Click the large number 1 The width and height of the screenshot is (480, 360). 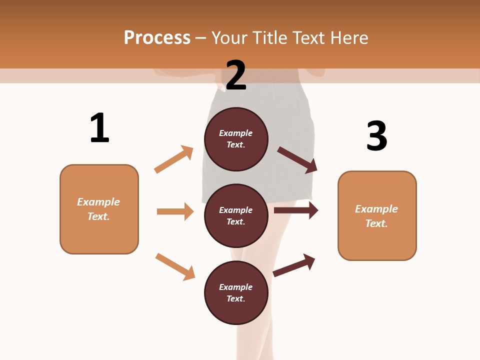(x=99, y=128)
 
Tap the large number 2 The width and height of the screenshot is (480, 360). (x=236, y=75)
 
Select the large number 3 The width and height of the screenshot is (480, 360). (x=376, y=136)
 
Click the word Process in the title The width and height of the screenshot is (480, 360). (x=157, y=37)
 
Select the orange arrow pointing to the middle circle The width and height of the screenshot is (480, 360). (x=175, y=211)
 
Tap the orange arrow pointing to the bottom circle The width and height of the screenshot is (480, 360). (x=175, y=266)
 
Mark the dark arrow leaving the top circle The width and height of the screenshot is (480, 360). (x=297, y=160)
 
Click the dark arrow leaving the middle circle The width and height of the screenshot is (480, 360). (x=296, y=210)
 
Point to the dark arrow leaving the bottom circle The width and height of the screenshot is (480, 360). (x=294, y=265)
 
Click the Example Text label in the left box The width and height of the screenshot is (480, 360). (x=98, y=209)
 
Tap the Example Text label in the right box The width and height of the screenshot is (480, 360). (x=376, y=216)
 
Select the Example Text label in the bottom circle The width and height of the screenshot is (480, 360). (x=236, y=293)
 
